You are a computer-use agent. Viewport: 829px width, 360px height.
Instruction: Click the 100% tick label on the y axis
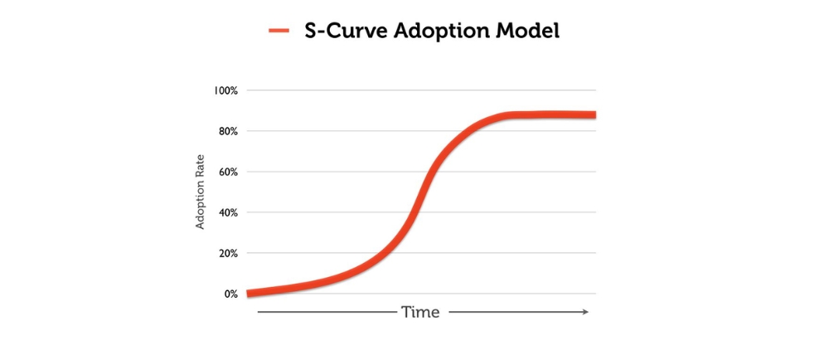(x=226, y=90)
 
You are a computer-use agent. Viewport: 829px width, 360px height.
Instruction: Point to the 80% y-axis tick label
(x=228, y=131)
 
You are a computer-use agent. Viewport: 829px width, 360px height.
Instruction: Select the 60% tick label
(x=228, y=172)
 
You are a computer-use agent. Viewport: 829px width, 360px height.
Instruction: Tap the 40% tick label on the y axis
(x=228, y=212)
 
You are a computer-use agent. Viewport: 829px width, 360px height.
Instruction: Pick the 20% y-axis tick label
(x=228, y=253)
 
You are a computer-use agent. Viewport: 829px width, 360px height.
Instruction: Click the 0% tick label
(x=230, y=294)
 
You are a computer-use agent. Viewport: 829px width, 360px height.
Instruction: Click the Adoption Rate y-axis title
(x=200, y=192)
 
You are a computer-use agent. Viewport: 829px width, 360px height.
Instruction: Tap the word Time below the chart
(x=420, y=313)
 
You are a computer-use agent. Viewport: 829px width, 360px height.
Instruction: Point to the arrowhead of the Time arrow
(x=585, y=312)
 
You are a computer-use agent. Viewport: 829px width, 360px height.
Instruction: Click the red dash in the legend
(x=279, y=32)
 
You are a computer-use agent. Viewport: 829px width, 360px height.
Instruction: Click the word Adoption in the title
(x=443, y=32)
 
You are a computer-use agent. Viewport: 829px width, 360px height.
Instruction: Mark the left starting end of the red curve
(x=249, y=294)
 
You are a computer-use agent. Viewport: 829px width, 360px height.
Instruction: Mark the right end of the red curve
(x=594, y=114)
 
